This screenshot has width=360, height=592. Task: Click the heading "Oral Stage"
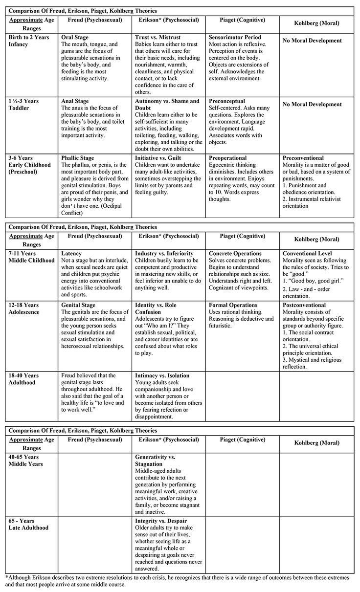coord(77,37)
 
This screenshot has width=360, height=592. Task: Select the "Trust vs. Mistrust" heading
coord(157,37)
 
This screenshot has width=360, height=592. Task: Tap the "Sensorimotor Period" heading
coord(235,37)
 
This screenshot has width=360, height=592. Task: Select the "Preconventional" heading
coord(303,158)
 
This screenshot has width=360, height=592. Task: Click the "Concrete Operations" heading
coord(235,254)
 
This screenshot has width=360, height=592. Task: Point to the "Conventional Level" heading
coord(307,254)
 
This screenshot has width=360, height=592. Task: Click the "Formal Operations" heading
coord(232,305)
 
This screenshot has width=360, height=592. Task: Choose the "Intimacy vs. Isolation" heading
coord(162,375)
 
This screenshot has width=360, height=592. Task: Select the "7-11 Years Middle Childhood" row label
coord(31,257)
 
